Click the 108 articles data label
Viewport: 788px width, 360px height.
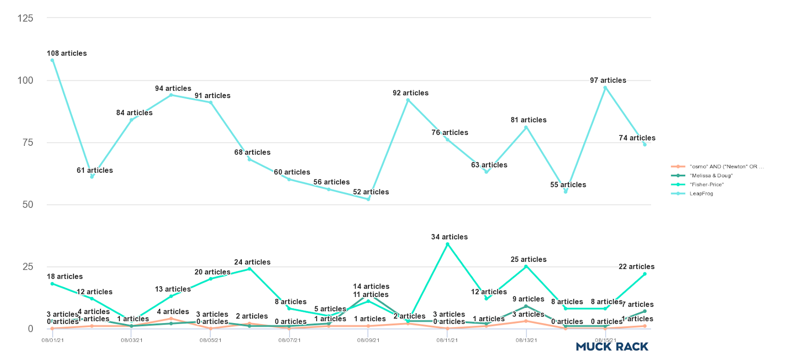(66, 53)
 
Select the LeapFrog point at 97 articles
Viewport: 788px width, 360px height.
(605, 88)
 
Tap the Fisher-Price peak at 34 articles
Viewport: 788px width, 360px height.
(447, 244)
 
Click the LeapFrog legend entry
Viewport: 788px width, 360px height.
(701, 194)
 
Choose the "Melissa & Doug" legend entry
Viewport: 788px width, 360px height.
(711, 176)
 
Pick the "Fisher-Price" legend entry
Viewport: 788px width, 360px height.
(706, 185)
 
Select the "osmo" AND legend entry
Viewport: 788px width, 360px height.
(726, 167)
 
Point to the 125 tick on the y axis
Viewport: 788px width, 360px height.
(25, 18)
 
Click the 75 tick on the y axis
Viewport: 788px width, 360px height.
(28, 142)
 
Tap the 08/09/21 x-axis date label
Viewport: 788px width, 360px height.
(368, 340)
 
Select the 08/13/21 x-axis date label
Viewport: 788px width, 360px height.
(526, 340)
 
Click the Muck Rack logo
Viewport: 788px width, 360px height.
(612, 347)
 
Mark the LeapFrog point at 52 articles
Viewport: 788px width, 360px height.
(368, 199)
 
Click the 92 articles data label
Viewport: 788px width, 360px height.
(410, 93)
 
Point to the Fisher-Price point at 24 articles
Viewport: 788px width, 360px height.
(250, 269)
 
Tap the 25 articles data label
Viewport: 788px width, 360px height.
(528, 260)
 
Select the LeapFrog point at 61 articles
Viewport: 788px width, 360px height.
(92, 177)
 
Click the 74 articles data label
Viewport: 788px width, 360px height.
(637, 138)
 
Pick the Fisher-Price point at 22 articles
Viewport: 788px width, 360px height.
(645, 274)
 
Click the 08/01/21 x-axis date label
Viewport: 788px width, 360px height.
(53, 340)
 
